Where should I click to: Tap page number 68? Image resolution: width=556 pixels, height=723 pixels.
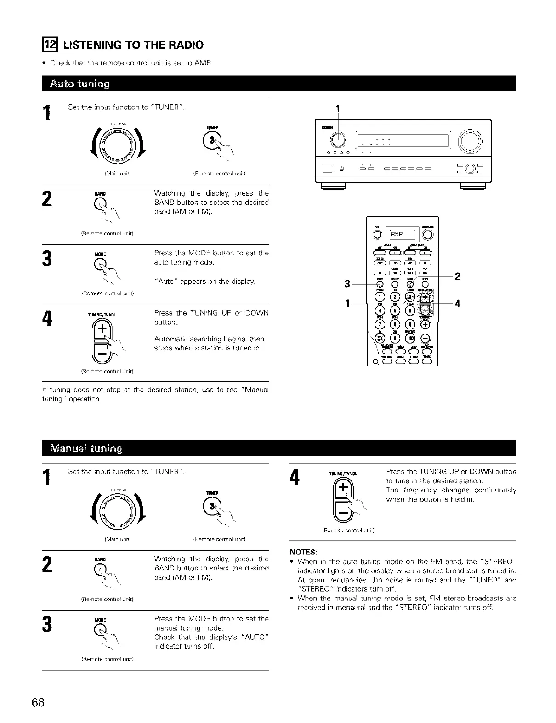click(x=38, y=703)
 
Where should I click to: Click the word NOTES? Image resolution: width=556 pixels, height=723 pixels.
click(x=306, y=552)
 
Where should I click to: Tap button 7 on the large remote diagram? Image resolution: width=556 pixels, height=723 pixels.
click(x=380, y=325)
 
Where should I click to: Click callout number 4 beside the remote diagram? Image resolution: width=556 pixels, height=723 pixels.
click(x=458, y=304)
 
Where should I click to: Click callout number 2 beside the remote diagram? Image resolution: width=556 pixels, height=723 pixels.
click(x=457, y=276)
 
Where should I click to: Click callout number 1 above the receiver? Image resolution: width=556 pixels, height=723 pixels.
click(x=338, y=109)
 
